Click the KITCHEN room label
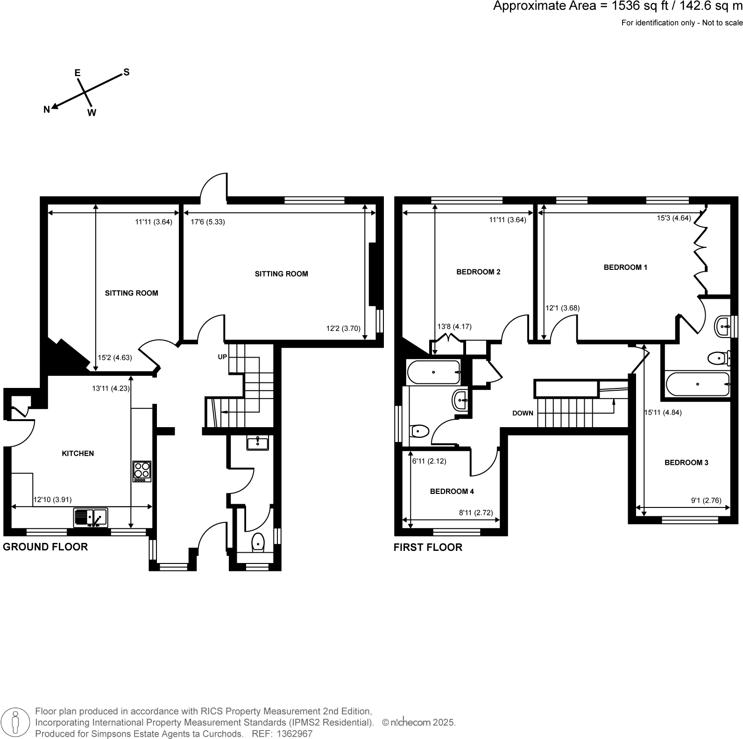click(x=78, y=453)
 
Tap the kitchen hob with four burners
click(x=142, y=472)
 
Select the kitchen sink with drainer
click(x=91, y=518)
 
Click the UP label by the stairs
click(x=222, y=357)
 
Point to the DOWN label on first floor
click(x=523, y=413)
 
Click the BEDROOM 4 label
click(x=452, y=491)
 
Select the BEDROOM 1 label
click(x=625, y=267)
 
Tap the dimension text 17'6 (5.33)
click(x=208, y=222)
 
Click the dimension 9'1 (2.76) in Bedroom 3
click(x=706, y=500)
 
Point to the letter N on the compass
click(x=47, y=110)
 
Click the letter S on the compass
click(x=126, y=72)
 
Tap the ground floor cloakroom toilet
click(x=258, y=543)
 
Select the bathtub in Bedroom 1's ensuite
click(x=697, y=384)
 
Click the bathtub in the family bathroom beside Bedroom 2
click(x=433, y=372)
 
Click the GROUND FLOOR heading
click(x=45, y=547)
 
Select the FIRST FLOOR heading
click(x=428, y=547)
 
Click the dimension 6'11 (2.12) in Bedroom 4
click(x=429, y=461)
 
